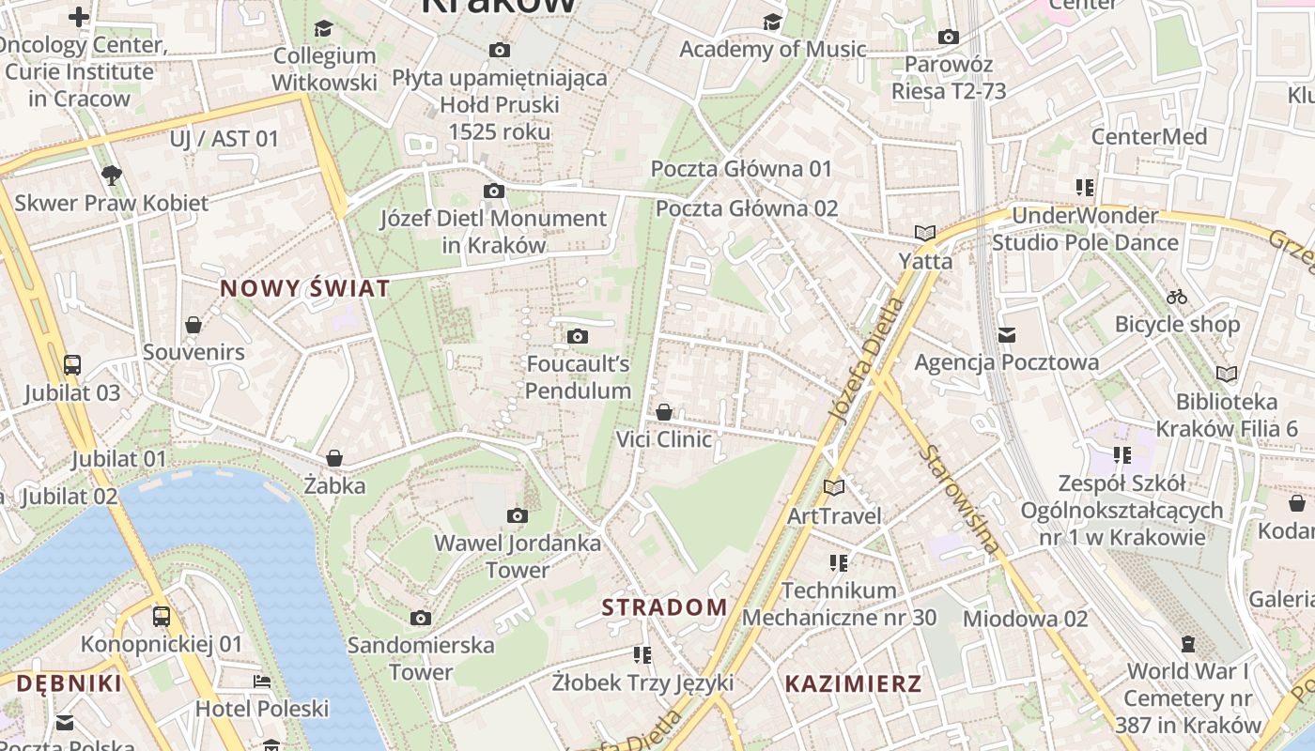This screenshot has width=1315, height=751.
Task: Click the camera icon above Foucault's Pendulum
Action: pos(578,336)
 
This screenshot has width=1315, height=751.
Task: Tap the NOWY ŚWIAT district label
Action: pos(304,289)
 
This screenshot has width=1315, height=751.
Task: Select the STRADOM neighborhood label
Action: pos(664,607)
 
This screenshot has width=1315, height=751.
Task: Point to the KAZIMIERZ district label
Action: pos(853,683)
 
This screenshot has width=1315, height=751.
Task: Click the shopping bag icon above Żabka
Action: pos(333,458)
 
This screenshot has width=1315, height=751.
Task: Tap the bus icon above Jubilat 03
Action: pos(72,364)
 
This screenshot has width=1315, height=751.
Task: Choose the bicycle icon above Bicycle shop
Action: pos(1177,297)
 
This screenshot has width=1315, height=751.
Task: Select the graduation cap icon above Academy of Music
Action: pos(772,21)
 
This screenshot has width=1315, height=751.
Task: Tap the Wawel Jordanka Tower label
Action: pos(518,556)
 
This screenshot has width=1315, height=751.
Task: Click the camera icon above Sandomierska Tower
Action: pos(421,618)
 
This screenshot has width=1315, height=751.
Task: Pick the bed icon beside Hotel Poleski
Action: pos(261,681)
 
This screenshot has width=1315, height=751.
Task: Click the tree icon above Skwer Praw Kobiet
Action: pos(111,175)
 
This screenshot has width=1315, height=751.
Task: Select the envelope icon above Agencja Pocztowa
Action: pos(1007,334)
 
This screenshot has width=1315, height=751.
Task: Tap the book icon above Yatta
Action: pos(925,233)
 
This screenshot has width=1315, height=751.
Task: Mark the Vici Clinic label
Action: pos(663,439)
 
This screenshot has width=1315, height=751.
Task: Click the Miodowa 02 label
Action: pos(1025,619)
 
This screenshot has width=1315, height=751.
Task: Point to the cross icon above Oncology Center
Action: pos(79,17)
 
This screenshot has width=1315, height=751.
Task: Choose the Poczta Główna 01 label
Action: pos(742,169)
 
